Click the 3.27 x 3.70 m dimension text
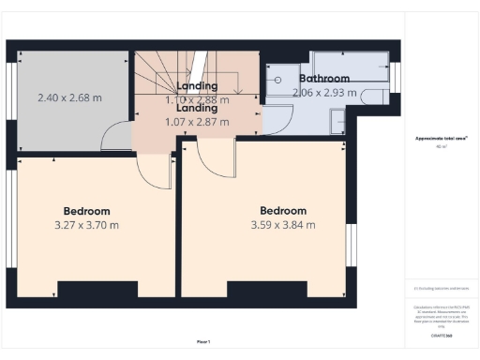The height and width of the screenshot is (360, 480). pos(86,225)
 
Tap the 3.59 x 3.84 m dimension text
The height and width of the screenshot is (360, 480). pos(282,225)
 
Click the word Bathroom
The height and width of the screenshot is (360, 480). pos(324,79)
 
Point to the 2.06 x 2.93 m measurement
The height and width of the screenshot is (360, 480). pos(324,93)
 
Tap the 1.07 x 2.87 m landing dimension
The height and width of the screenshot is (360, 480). pos(190,122)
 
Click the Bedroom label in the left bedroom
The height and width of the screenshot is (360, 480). pos(86,211)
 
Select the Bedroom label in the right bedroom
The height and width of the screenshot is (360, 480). pos(282,211)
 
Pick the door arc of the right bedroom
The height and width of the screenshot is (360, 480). pos(213,159)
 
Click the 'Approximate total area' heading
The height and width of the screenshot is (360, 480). pos(440,139)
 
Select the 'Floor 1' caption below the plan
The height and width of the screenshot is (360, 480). pos(202,341)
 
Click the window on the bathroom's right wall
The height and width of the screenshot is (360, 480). pos(394,78)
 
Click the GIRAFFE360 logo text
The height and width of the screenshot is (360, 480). pos(440,334)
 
